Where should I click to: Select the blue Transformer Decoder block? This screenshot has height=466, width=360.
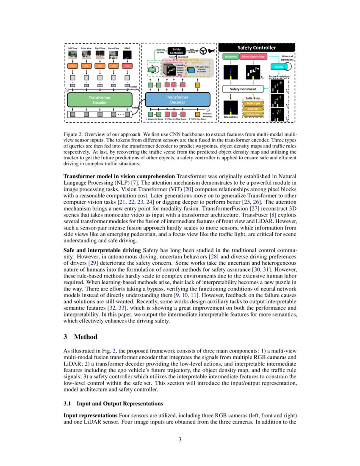click(x=177, y=100)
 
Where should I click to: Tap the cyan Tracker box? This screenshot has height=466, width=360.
click(x=279, y=67)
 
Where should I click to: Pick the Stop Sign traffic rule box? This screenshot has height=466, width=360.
click(x=253, y=108)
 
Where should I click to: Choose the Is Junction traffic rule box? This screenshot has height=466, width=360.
click(x=253, y=114)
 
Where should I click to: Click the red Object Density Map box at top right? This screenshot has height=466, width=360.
click(x=253, y=56)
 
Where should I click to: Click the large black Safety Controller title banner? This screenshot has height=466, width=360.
click(x=256, y=47)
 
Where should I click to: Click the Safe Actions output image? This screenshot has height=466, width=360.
click(x=230, y=108)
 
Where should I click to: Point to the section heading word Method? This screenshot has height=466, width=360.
click(x=86, y=337)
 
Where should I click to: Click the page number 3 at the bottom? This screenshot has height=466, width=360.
click(x=180, y=439)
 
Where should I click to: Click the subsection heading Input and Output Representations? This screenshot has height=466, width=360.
click(x=120, y=403)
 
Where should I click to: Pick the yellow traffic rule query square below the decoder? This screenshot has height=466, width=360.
click(x=197, y=114)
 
